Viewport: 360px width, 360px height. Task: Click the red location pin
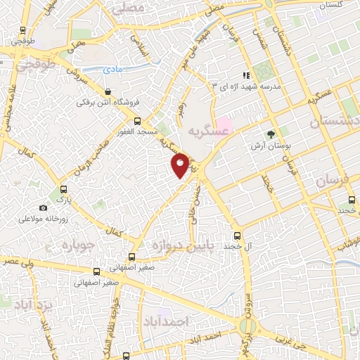point(181,165)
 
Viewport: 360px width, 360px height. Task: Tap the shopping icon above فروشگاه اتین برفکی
point(108,91)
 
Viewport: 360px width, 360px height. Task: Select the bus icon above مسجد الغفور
point(138,120)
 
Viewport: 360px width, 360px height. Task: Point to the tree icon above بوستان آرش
point(271,134)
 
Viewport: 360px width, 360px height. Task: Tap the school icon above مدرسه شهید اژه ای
point(245,75)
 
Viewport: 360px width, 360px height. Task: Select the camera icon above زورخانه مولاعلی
point(44,207)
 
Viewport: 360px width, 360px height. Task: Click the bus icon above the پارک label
point(64,189)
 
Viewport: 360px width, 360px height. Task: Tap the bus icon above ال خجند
point(237,236)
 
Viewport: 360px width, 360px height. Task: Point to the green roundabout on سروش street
point(247,326)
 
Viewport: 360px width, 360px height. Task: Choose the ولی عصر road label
point(16,262)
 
